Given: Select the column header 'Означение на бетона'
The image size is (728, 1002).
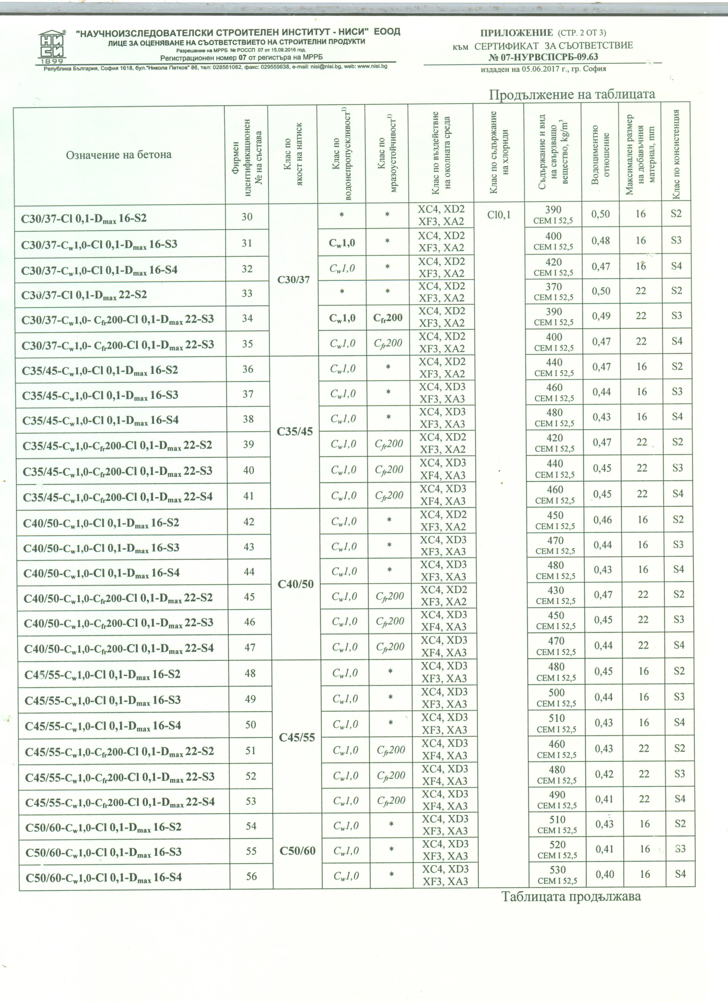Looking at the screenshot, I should (x=118, y=155).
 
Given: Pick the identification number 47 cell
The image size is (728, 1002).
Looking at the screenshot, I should (x=250, y=648).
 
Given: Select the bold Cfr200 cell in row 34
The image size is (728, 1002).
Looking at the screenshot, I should (x=387, y=317).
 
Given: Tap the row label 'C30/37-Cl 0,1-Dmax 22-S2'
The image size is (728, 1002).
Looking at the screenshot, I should (x=84, y=294).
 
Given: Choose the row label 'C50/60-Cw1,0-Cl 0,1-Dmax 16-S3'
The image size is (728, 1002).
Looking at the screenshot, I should (x=104, y=851).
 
